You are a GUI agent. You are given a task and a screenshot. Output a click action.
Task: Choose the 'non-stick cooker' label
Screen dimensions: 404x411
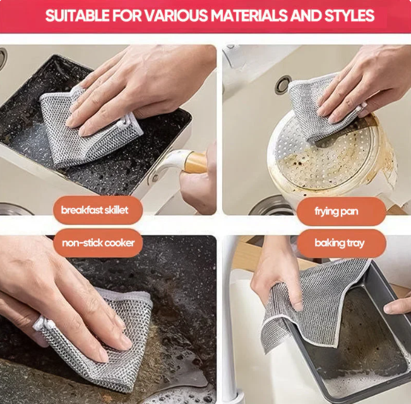point(97,243)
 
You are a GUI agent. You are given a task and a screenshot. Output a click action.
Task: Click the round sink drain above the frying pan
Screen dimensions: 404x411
point(282,84)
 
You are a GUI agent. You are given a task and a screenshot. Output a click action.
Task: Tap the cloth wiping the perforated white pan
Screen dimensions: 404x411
point(313,107)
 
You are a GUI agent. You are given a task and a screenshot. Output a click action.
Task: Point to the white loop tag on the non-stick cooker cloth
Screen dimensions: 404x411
point(40,324)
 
